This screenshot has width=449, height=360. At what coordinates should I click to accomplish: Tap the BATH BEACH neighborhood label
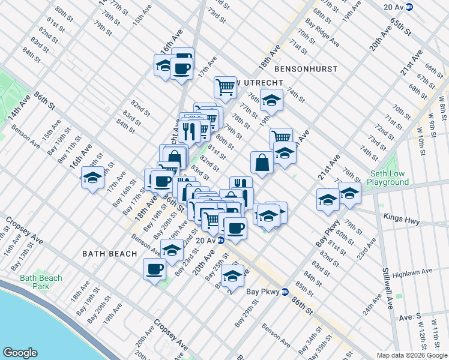tap(110, 254)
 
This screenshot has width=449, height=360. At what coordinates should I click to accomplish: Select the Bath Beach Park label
tap(41, 282)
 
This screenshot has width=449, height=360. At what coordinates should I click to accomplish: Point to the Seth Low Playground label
tap(388, 178)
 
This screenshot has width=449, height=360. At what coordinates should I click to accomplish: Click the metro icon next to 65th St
tap(409, 7)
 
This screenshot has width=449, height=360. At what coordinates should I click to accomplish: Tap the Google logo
tap(21, 352)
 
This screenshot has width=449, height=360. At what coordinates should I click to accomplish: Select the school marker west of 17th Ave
tap(92, 178)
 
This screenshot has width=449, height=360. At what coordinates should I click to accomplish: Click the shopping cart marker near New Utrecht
tap(225, 86)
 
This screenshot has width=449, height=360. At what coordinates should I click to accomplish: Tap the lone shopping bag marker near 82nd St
tap(262, 161)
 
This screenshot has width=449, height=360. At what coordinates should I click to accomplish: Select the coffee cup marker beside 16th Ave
tap(181, 67)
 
